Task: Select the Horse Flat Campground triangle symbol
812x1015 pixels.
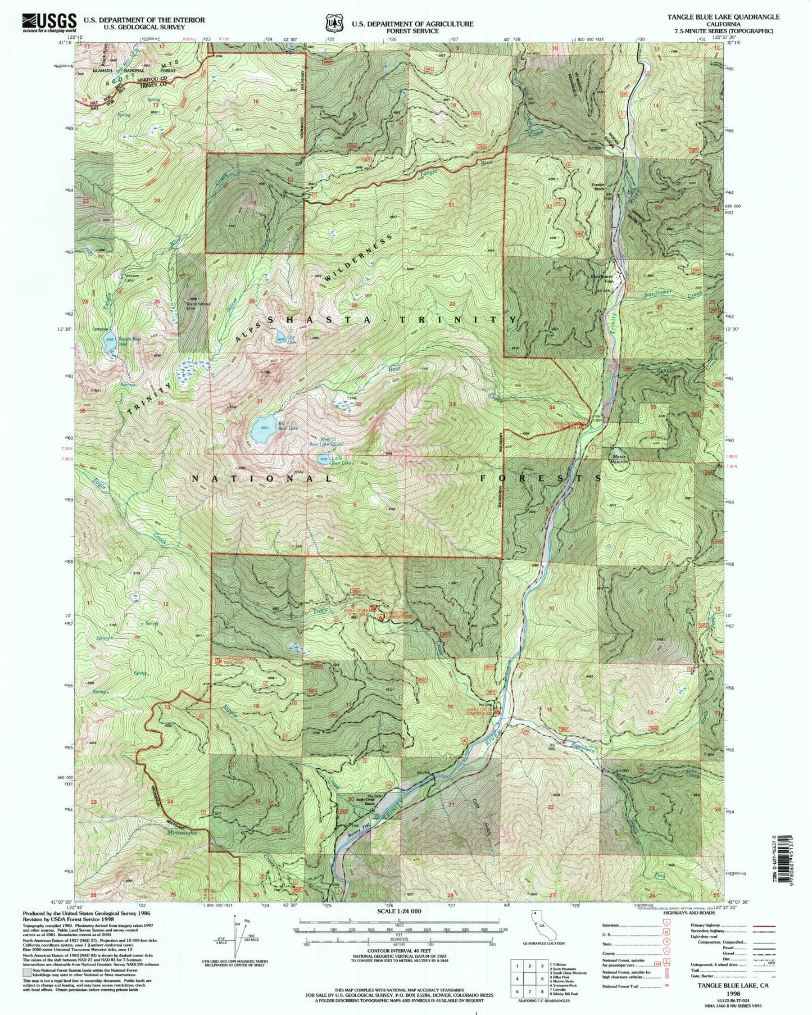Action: coord(382,618)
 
